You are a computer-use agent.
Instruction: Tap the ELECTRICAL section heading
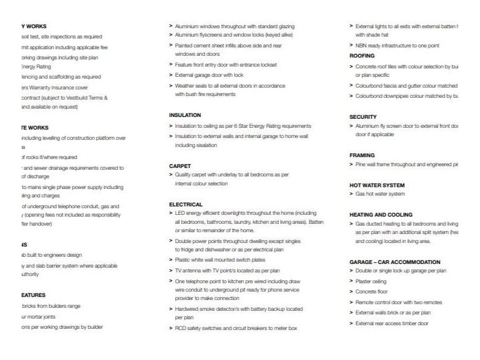point(186,205)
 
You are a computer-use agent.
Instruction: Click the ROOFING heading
point(362,55)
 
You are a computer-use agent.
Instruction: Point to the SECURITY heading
point(363,116)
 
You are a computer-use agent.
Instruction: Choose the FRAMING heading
point(362,155)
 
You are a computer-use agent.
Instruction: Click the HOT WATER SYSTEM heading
point(377,185)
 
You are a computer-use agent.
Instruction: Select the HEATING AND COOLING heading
point(381,214)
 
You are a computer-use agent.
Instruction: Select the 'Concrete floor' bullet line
point(372,292)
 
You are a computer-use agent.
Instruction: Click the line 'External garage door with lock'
point(209,75)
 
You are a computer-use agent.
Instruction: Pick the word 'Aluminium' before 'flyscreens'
point(187,35)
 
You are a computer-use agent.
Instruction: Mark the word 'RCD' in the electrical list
point(181,328)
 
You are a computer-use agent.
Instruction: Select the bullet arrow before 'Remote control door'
point(351,302)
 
